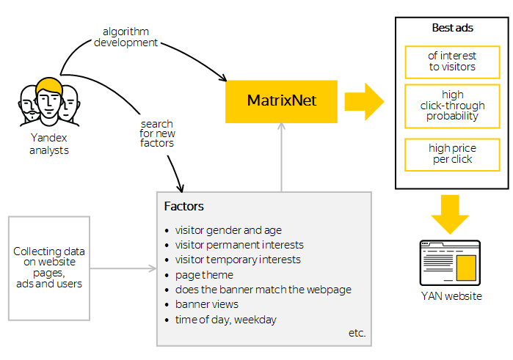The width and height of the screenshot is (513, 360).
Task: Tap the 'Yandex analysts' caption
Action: pos(49,144)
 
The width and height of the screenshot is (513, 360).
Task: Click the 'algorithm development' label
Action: pos(125,37)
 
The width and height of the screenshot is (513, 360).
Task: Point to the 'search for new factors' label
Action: pos(157,133)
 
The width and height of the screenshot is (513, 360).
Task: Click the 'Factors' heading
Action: pos(184,207)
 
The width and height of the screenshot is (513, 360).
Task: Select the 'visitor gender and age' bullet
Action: pos(228,230)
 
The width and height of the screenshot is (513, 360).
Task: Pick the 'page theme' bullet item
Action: pos(204,275)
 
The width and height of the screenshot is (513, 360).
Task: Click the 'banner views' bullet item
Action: pos(206,304)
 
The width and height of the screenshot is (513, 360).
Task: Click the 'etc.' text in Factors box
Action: pos(357,334)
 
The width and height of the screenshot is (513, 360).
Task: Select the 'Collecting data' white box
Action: pos(49,268)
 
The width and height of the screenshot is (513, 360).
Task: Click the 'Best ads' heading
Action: pos(452,28)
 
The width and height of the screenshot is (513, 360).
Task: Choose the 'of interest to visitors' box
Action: pos(452,62)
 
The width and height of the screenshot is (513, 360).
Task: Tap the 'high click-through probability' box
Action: pos(452,106)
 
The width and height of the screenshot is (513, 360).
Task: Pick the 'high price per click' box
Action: pos(452,154)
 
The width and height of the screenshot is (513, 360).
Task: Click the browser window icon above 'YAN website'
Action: pos(450,263)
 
